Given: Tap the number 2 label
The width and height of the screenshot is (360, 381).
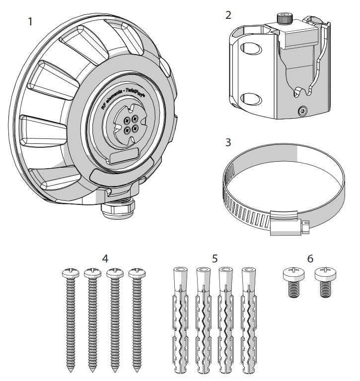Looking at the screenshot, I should [x=228, y=15].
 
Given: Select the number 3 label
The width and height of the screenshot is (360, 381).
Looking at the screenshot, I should [x=228, y=142].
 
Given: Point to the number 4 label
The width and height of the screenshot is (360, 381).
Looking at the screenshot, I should [x=104, y=258].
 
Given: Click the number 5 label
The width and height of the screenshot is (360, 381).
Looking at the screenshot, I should [x=215, y=258].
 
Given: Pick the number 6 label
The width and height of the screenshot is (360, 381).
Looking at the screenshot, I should [x=310, y=258].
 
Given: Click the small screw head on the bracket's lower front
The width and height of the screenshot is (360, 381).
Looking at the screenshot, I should [x=302, y=111].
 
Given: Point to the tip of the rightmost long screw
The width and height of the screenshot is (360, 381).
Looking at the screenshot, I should [x=136, y=370].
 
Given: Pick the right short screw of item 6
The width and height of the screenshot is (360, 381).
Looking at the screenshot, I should [x=324, y=280].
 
